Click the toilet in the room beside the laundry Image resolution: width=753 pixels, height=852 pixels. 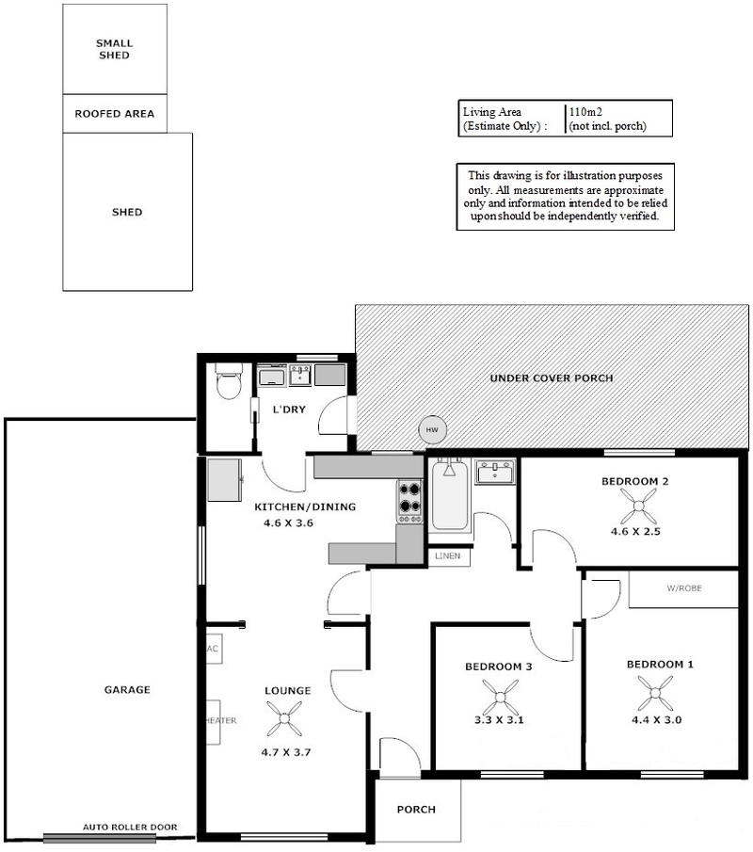[229, 381]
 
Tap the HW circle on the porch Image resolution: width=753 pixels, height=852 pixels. [432, 430]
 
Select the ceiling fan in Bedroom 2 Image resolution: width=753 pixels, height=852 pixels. [638, 506]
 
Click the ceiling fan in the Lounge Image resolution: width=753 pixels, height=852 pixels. [284, 718]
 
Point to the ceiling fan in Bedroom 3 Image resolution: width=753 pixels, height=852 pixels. [500, 697]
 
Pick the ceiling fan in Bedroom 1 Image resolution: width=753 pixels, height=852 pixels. [655, 693]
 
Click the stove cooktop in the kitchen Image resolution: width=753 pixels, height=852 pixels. [409, 501]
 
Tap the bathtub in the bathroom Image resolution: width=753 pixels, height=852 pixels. [449, 495]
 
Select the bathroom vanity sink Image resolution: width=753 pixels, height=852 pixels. [495, 473]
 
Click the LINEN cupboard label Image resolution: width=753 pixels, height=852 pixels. [448, 555]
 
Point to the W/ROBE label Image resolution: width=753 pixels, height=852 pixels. [684, 587]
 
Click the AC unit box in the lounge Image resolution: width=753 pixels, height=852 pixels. [214, 649]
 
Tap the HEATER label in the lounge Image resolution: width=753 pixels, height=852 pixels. [220, 720]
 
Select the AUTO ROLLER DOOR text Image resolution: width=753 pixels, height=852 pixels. [130, 827]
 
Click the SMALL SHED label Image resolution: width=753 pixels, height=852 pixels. [114, 49]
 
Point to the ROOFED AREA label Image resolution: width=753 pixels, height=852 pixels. [115, 114]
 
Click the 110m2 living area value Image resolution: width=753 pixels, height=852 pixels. [585, 112]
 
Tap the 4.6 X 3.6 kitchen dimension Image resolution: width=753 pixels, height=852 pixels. [288, 522]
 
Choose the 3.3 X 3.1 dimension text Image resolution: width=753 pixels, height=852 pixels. [499, 720]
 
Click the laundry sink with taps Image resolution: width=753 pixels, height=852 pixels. [300, 375]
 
